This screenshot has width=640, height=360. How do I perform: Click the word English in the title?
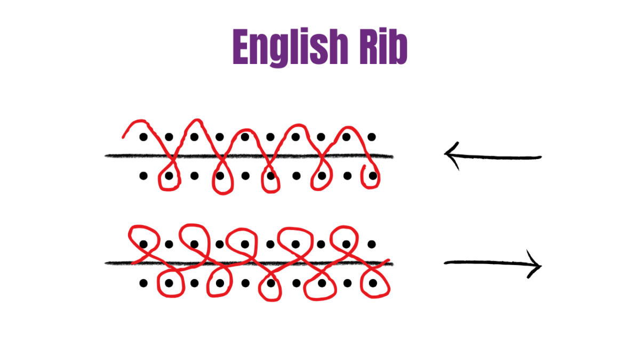(290, 47)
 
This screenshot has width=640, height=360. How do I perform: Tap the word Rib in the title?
(383, 46)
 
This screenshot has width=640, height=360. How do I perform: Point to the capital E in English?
(241, 46)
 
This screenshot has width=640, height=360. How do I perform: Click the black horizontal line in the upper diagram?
(249, 156)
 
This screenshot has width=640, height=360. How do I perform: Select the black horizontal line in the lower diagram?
(249, 263)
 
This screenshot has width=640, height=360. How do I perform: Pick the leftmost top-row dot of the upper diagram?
(143, 137)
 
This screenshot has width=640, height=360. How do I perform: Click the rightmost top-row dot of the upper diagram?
(371, 137)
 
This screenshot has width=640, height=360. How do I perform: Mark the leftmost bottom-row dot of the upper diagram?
(143, 175)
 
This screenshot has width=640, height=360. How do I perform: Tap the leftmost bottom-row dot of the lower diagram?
(143, 283)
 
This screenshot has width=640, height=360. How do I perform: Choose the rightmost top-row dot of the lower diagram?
(371, 244)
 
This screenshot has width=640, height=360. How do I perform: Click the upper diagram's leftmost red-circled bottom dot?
(169, 175)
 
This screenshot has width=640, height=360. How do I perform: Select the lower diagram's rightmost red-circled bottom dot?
(373, 283)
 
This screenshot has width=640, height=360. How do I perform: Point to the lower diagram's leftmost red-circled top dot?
(143, 244)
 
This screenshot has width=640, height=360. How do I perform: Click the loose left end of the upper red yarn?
(123, 138)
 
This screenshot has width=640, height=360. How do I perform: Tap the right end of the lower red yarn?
(389, 260)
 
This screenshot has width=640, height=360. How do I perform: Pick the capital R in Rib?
(369, 46)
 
